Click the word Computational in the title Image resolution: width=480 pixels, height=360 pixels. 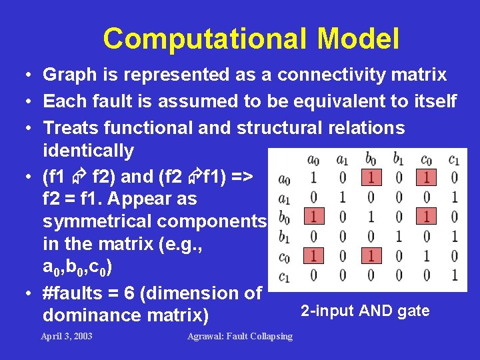pyautogui.click(x=206, y=39)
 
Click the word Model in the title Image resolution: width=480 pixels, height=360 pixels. pyautogui.click(x=358, y=39)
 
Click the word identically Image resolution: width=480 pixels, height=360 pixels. pyautogui.click(x=88, y=151)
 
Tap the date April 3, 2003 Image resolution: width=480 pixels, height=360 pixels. pyautogui.click(x=67, y=336)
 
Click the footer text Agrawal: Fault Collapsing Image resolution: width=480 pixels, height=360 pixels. pyautogui.click(x=240, y=336)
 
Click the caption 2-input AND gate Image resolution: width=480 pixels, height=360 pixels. pyautogui.click(x=365, y=311)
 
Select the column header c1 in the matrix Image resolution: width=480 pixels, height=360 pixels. pyautogui.click(x=453, y=159)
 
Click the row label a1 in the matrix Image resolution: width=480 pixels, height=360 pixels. pyautogui.click(x=284, y=198)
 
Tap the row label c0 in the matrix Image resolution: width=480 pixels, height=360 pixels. pyautogui.click(x=284, y=256)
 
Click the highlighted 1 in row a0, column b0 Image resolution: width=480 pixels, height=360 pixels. pyautogui.click(x=370, y=178)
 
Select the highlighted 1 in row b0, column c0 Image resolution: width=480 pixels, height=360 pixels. pyautogui.click(x=426, y=217)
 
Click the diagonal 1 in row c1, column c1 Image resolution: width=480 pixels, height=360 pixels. pyautogui.click(x=454, y=275)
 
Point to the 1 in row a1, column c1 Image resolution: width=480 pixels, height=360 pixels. pyautogui.click(x=454, y=197)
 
